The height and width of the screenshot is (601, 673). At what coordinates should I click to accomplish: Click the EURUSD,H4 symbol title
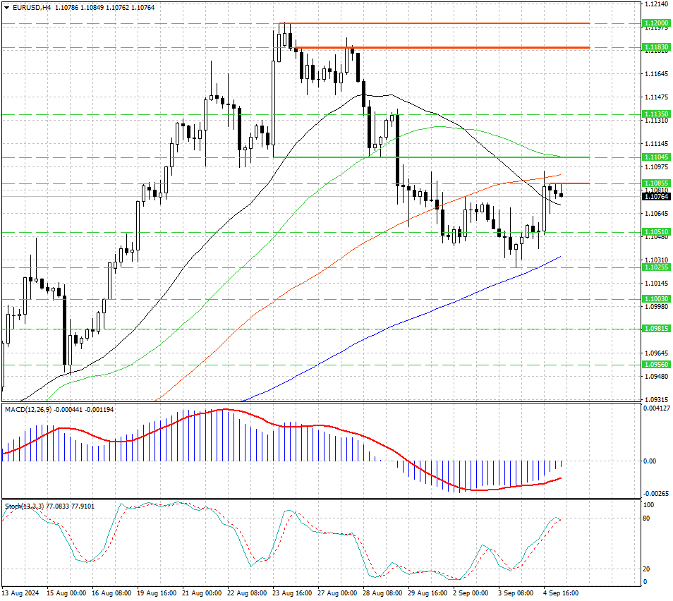click(32, 7)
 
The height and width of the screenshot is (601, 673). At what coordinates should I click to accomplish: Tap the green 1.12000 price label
click(656, 23)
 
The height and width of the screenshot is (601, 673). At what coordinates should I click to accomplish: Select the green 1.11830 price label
click(656, 47)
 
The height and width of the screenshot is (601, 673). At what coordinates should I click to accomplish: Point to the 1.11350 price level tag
click(656, 114)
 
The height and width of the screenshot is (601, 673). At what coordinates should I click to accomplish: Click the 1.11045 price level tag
click(656, 157)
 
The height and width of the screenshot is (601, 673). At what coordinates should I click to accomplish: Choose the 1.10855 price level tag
click(656, 183)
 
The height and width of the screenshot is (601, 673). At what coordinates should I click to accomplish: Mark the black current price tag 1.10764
click(656, 197)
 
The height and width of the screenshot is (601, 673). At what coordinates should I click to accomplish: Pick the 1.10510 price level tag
click(656, 232)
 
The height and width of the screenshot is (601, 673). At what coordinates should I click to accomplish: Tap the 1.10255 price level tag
click(656, 267)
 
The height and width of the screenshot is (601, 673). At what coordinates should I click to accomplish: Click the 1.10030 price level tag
click(656, 299)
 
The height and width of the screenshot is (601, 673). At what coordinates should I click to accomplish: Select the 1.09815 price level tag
click(656, 329)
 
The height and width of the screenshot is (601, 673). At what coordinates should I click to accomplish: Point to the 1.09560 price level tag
click(656, 365)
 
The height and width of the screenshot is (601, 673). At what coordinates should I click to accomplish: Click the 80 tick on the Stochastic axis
click(646, 518)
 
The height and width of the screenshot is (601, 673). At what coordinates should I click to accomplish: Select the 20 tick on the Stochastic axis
click(646, 569)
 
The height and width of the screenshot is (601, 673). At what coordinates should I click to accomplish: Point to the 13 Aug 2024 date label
click(21, 594)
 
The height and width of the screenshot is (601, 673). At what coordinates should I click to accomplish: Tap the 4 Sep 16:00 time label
click(562, 594)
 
